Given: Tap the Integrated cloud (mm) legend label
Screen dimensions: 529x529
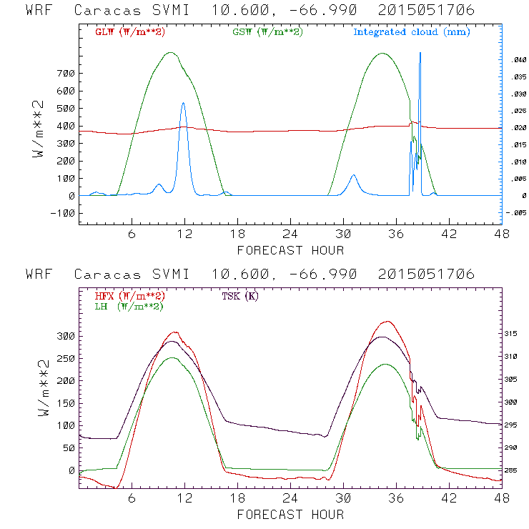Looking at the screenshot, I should click(x=412, y=32).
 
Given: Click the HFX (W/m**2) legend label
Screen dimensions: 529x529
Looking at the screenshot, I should click(x=130, y=296).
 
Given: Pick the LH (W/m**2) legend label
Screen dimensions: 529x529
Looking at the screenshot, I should click(x=128, y=306).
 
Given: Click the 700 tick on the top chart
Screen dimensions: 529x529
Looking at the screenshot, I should click(x=66, y=74).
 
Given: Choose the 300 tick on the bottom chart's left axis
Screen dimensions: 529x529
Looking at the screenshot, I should click(x=66, y=336).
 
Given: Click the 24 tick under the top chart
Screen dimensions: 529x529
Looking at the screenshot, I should click(x=290, y=234).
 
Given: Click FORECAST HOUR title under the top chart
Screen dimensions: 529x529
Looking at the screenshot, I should click(x=290, y=250).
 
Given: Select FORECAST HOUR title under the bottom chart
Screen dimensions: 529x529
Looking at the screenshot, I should click(x=290, y=514).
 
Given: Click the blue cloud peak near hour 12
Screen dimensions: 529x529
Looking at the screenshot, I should click(x=183, y=103).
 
